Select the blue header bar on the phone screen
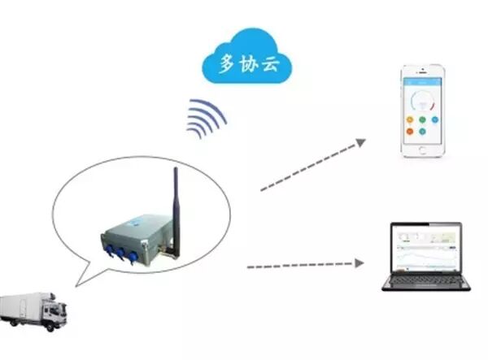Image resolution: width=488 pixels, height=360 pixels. (422, 81)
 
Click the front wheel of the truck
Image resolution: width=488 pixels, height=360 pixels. (50, 327)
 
